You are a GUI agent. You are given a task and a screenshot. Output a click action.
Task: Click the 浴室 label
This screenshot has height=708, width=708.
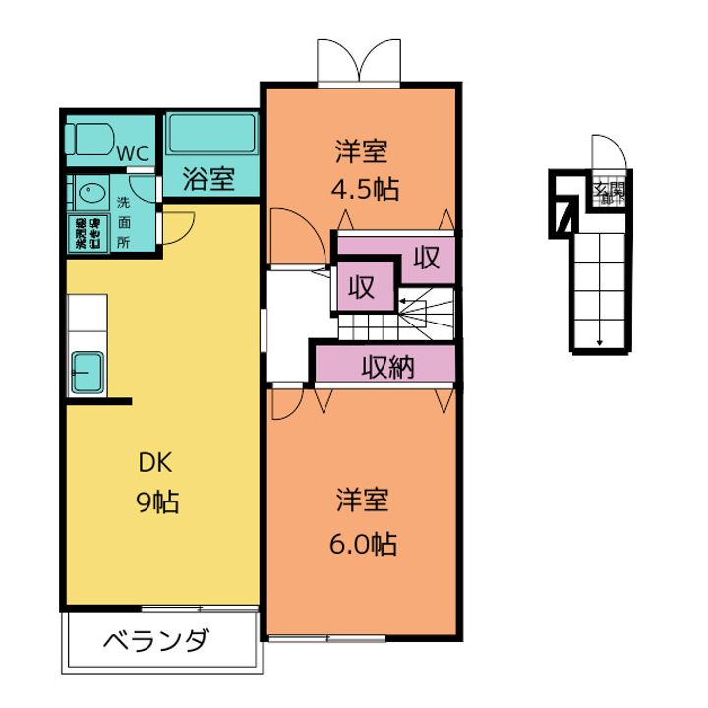pos(209,179)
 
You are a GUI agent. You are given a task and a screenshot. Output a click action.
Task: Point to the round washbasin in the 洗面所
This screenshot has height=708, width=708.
pos(92,194)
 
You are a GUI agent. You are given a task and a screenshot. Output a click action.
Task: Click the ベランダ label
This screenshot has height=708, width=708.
pos(156,642)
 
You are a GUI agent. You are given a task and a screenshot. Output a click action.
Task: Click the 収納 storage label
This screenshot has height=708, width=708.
pos(386,367)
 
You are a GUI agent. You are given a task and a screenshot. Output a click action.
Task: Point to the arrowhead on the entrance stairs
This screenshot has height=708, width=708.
pos(600,342)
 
